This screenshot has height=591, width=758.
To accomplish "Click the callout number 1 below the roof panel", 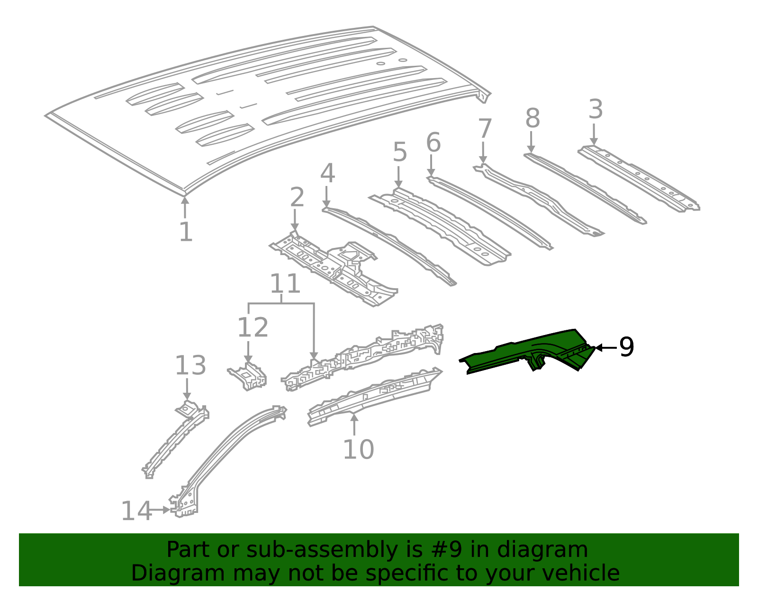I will click(186, 232).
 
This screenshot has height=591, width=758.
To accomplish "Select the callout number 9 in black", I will click(626, 348).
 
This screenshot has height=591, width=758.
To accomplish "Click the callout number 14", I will click(136, 512).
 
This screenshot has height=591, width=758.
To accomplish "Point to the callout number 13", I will click(190, 366).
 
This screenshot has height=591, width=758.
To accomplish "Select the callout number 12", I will click(253, 327).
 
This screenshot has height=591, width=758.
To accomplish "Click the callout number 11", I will click(285, 284).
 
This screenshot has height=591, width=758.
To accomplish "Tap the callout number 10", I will click(358, 450).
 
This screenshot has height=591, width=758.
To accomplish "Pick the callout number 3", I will click(596, 109).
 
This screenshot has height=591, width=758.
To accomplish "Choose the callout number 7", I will click(485, 129).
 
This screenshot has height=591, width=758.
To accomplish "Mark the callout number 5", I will click(400, 152).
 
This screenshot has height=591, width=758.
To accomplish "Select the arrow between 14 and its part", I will click(159, 510).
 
